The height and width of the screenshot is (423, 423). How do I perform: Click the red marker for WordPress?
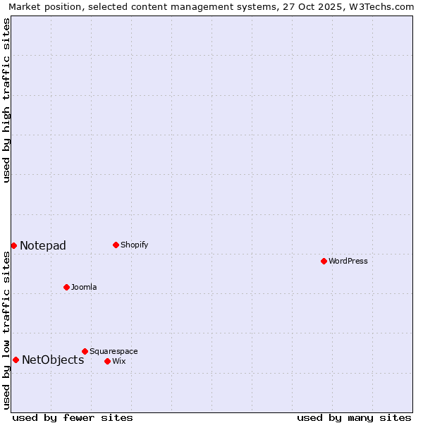tap(324, 261)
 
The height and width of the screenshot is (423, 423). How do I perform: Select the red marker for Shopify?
tap(116, 245)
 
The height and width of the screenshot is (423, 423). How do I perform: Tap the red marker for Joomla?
tap(66, 287)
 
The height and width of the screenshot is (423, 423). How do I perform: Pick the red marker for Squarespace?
tap(85, 351)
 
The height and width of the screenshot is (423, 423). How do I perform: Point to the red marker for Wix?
tap(107, 361)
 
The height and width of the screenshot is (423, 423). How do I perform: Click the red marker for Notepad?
tap(13, 245)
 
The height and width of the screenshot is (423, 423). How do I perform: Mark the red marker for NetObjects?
tap(16, 360)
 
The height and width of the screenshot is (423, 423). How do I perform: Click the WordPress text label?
tap(348, 261)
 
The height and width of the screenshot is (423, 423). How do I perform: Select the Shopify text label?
tap(134, 245)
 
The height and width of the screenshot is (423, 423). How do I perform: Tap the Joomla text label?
tap(84, 287)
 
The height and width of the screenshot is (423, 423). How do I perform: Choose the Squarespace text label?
tap(114, 351)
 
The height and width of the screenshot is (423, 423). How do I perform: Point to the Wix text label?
tap(119, 361)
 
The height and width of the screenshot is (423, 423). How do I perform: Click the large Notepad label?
tap(43, 245)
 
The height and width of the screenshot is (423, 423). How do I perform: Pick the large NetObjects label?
tap(53, 360)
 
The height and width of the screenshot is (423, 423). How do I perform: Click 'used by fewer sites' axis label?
tap(73, 417)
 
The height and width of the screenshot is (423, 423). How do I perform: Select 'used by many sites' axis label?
tap(354, 417)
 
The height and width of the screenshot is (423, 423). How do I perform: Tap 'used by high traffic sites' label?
tap(6, 100)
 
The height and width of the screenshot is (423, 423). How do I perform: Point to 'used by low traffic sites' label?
tap(6, 330)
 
